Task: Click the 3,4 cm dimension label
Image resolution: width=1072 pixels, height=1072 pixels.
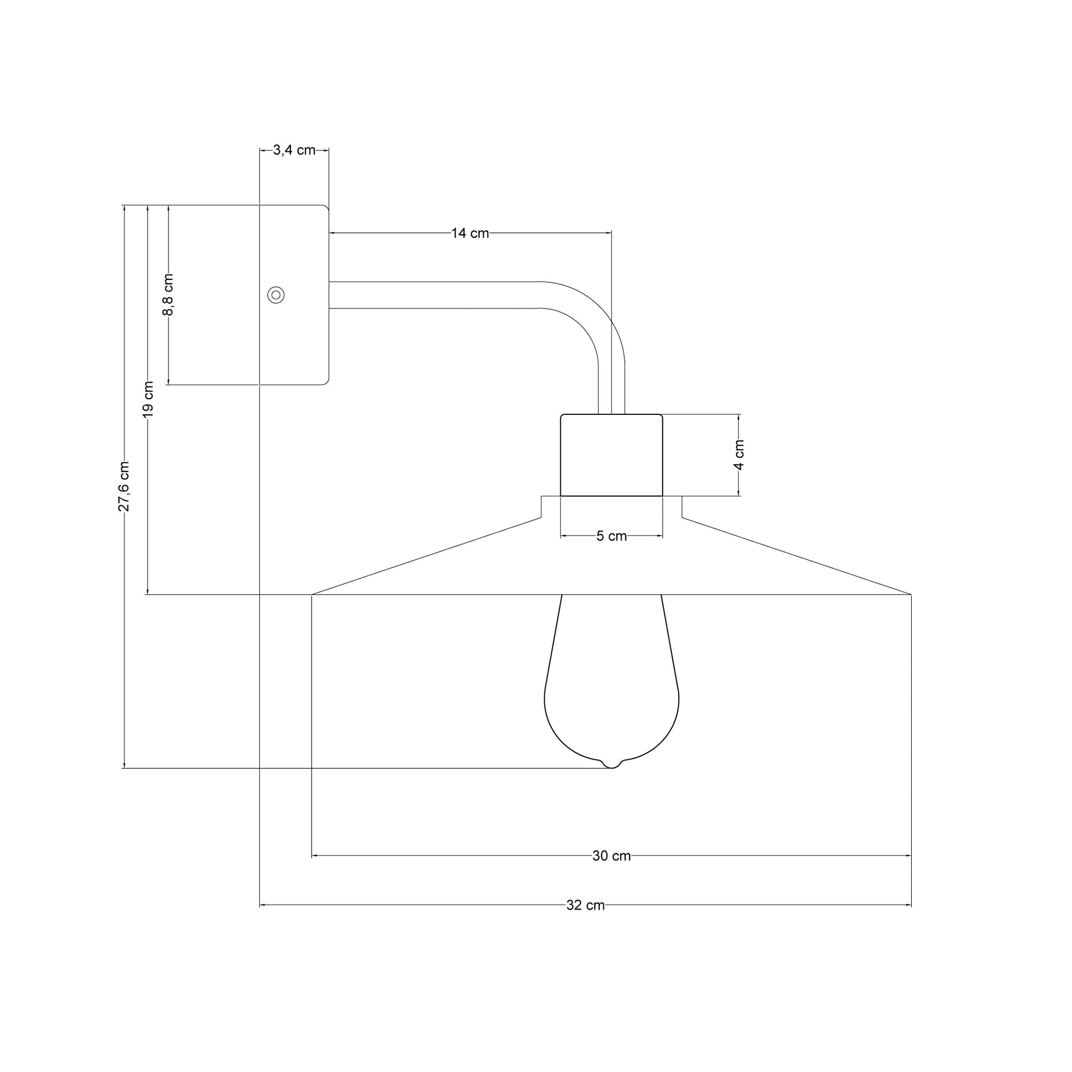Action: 294,150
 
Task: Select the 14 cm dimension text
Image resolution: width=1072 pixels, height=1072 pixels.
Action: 470,234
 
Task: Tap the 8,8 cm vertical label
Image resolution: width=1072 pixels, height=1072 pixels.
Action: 168,295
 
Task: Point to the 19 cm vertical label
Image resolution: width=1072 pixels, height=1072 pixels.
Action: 148,399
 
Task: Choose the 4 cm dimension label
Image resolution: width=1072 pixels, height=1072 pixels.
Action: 739,455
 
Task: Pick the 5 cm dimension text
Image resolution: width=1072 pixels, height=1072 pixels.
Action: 611,537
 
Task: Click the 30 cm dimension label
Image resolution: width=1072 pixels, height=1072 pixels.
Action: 611,856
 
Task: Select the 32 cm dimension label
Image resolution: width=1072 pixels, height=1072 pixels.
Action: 586,906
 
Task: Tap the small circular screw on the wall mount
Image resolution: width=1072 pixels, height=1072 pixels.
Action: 276,295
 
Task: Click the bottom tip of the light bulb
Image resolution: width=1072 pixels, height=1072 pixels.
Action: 611,767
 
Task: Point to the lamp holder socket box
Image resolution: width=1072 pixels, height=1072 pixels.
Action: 611,455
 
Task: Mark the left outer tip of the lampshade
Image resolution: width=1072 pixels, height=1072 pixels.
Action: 312,594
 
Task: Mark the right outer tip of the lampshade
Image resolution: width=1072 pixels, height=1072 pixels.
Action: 911,594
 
